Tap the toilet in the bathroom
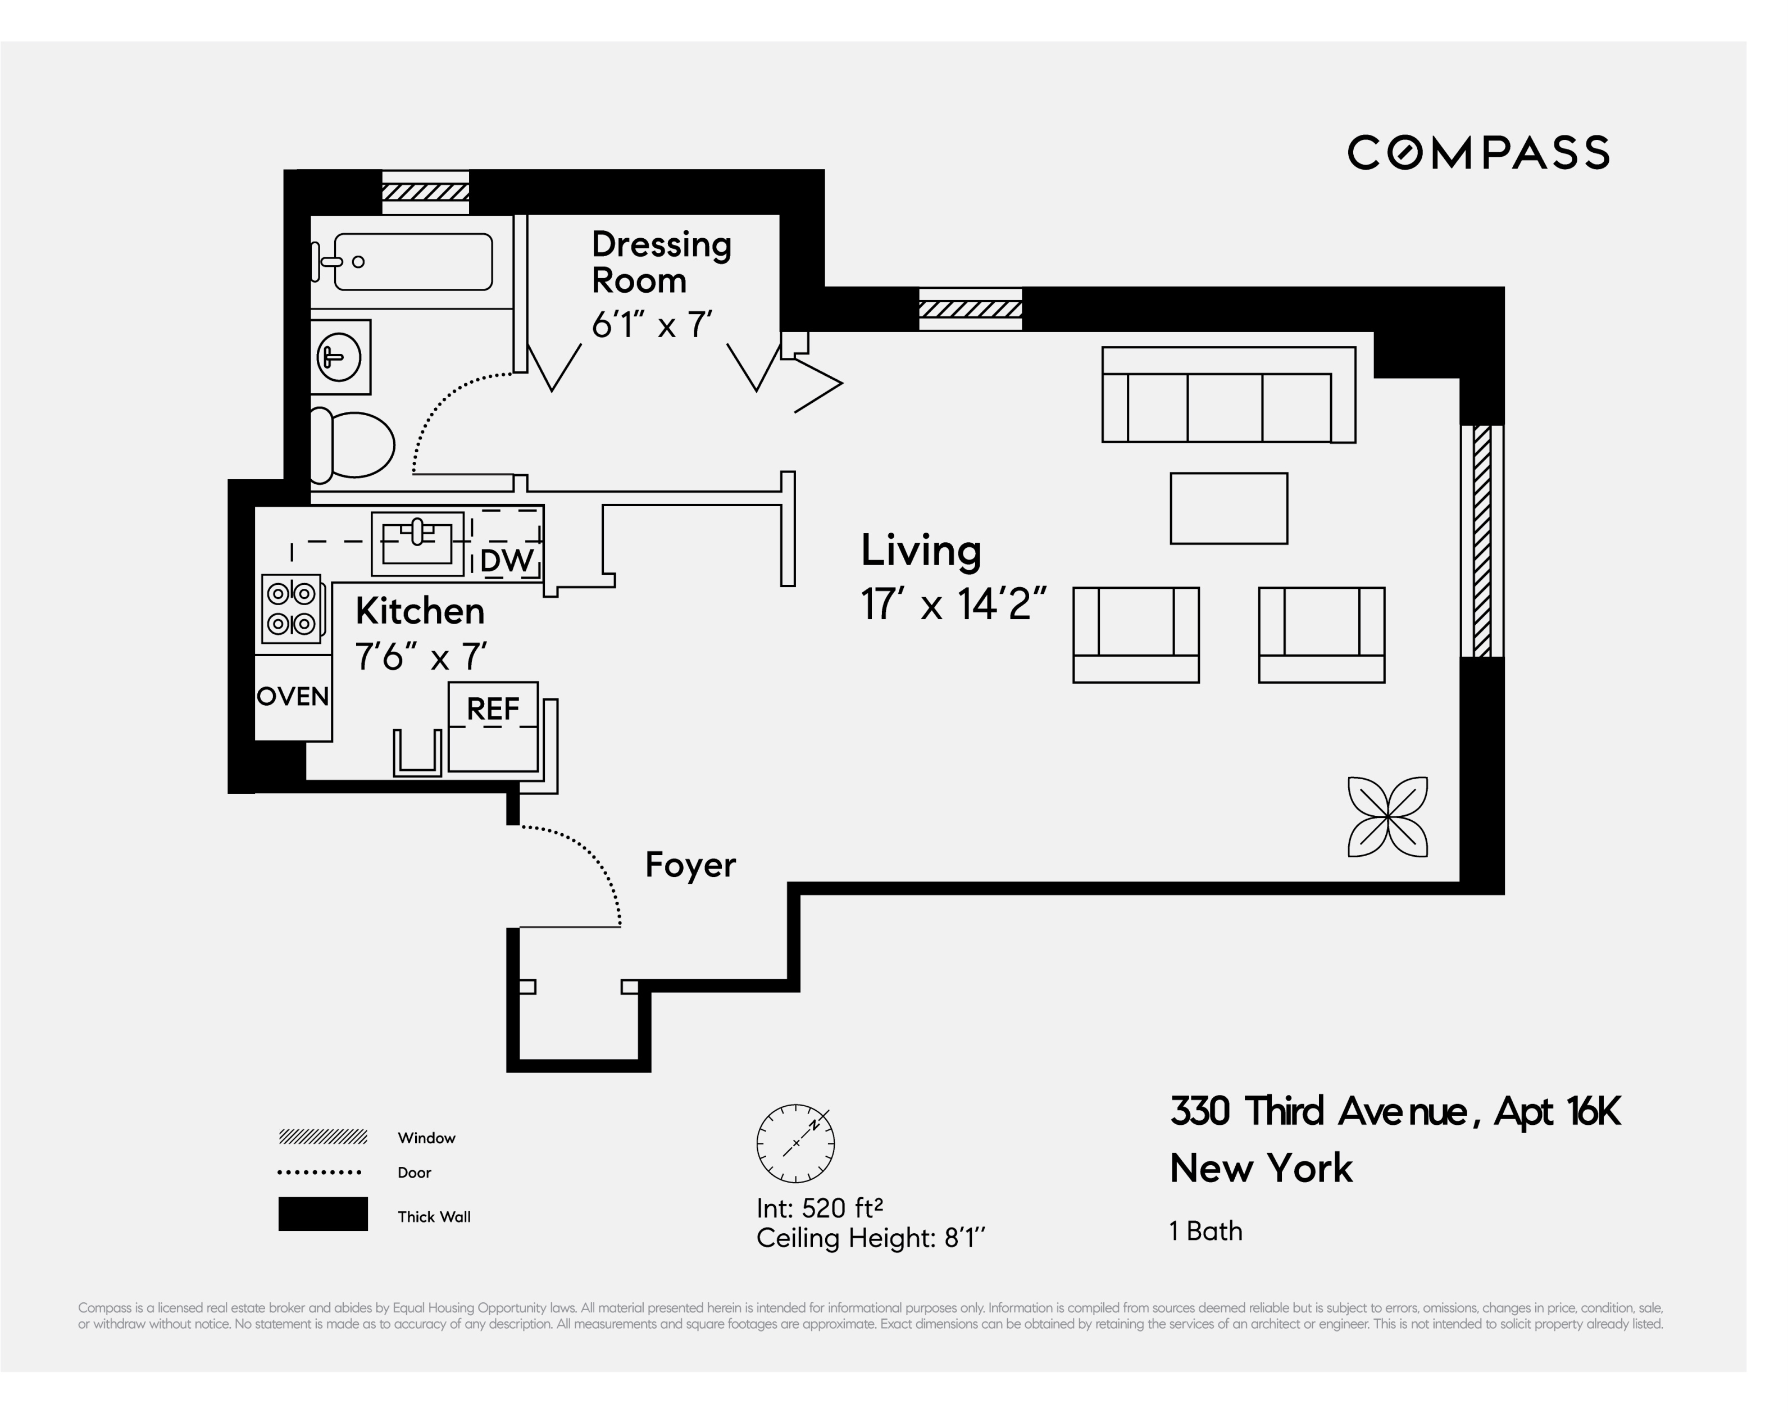[354, 445]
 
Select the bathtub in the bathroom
[412, 261]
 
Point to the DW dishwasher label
[506, 561]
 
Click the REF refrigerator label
[493, 709]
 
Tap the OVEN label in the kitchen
[293, 697]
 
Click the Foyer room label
[690, 865]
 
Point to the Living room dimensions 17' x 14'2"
[953, 605]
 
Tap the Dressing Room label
[661, 262]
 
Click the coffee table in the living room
[1228, 508]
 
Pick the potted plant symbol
[1387, 816]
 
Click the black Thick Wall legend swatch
[322, 1214]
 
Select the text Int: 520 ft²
[819, 1208]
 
